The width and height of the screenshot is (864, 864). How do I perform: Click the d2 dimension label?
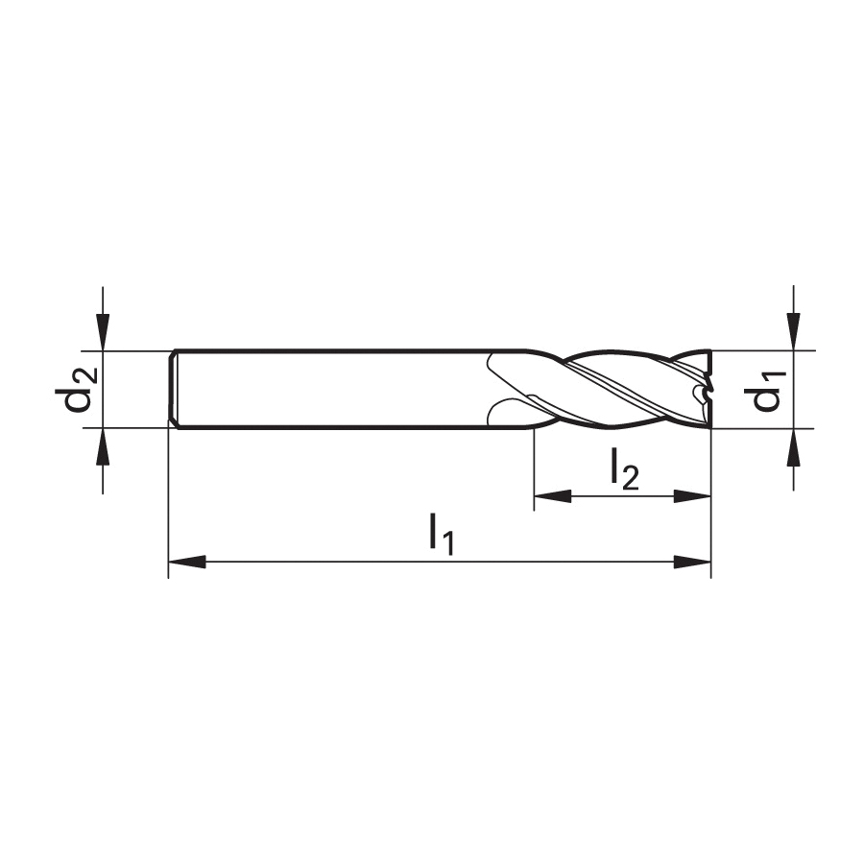(77, 390)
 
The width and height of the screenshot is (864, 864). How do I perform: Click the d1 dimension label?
(765, 391)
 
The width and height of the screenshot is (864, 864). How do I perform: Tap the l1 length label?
(442, 534)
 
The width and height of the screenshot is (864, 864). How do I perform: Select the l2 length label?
(624, 468)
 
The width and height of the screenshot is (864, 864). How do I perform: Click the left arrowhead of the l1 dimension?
(187, 562)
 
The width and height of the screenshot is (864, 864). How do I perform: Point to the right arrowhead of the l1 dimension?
(692, 562)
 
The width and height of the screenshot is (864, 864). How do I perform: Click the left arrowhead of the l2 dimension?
(553, 496)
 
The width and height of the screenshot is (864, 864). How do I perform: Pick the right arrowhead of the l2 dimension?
(692, 496)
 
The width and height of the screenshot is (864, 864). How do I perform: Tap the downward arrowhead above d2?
(103, 332)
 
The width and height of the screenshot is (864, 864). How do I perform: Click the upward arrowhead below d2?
(103, 445)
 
